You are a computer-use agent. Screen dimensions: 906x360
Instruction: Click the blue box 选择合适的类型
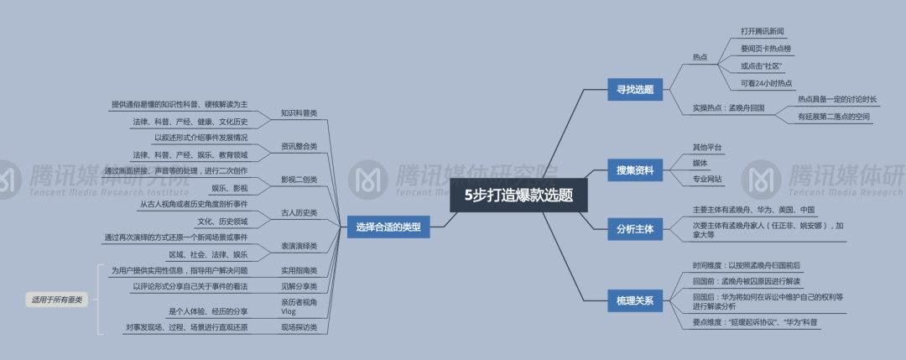point(388,226)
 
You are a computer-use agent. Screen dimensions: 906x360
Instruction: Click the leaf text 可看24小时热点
point(766,83)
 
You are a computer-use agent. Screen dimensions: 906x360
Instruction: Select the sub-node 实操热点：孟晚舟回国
point(727,108)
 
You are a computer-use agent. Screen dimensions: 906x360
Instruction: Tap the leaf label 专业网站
point(707,179)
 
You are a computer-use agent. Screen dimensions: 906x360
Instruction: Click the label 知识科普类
point(299,113)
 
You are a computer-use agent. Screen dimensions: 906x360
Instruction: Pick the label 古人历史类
point(299,212)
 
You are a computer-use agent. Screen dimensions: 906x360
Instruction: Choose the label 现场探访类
point(299,327)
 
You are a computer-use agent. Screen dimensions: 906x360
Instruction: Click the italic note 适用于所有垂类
point(57,299)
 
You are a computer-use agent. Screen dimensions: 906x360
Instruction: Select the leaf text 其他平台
point(706,147)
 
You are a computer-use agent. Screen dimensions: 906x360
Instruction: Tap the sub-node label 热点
point(700,57)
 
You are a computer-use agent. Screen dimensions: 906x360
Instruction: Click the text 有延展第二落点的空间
point(833,117)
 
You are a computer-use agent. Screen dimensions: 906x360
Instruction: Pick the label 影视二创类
point(299,180)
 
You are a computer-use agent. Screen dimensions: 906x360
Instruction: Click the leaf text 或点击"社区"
point(761,65)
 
